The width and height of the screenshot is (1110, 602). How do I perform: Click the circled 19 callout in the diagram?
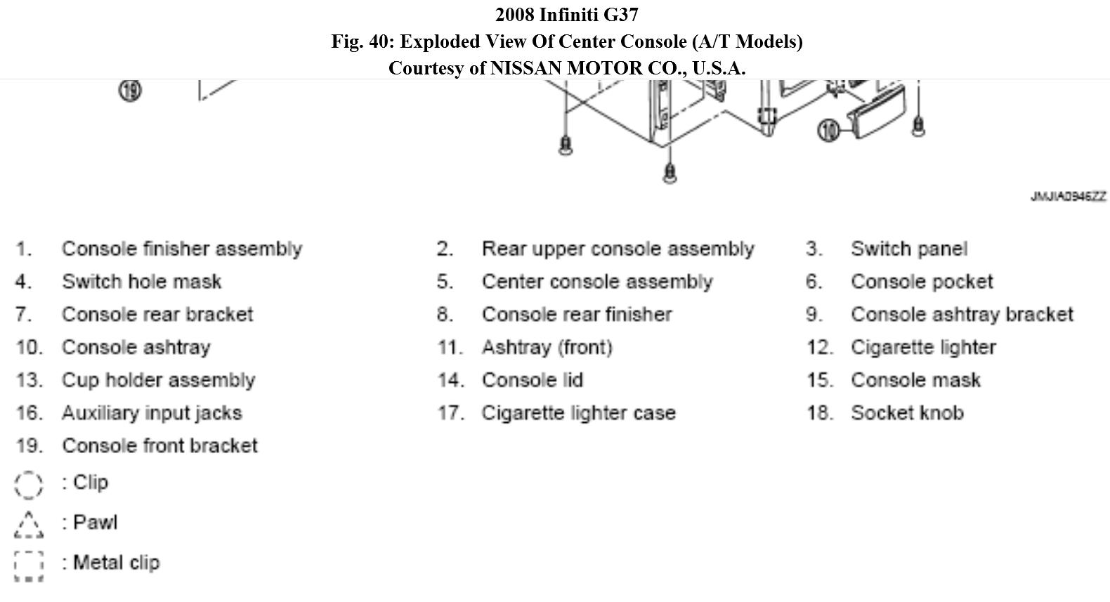tap(130, 91)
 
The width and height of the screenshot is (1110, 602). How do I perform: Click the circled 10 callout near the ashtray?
tap(830, 130)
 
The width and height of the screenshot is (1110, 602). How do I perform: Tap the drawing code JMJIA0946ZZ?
tap(1068, 197)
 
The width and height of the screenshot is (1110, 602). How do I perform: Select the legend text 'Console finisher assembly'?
tap(182, 249)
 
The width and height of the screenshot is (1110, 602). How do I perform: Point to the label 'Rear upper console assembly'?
tap(618, 249)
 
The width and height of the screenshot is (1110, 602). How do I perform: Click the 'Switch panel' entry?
tap(909, 249)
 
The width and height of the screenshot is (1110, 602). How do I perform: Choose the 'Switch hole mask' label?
tap(141, 282)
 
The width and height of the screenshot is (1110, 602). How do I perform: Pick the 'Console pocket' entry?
tap(922, 282)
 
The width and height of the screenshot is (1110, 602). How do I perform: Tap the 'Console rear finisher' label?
tap(577, 314)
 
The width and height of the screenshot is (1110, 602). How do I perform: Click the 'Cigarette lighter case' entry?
tap(578, 413)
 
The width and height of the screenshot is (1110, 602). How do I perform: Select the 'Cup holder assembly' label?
tap(158, 380)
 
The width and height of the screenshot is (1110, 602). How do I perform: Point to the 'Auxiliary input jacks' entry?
tap(152, 413)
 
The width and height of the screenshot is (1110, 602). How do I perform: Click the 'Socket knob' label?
tap(907, 413)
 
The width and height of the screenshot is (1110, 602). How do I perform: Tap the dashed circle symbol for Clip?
tap(29, 484)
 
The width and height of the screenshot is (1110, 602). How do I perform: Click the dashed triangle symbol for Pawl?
tap(29, 524)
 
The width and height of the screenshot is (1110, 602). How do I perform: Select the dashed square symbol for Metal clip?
tap(29, 565)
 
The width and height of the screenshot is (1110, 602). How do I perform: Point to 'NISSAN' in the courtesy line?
tap(525, 68)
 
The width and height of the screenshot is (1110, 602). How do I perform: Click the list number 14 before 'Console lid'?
tap(450, 380)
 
